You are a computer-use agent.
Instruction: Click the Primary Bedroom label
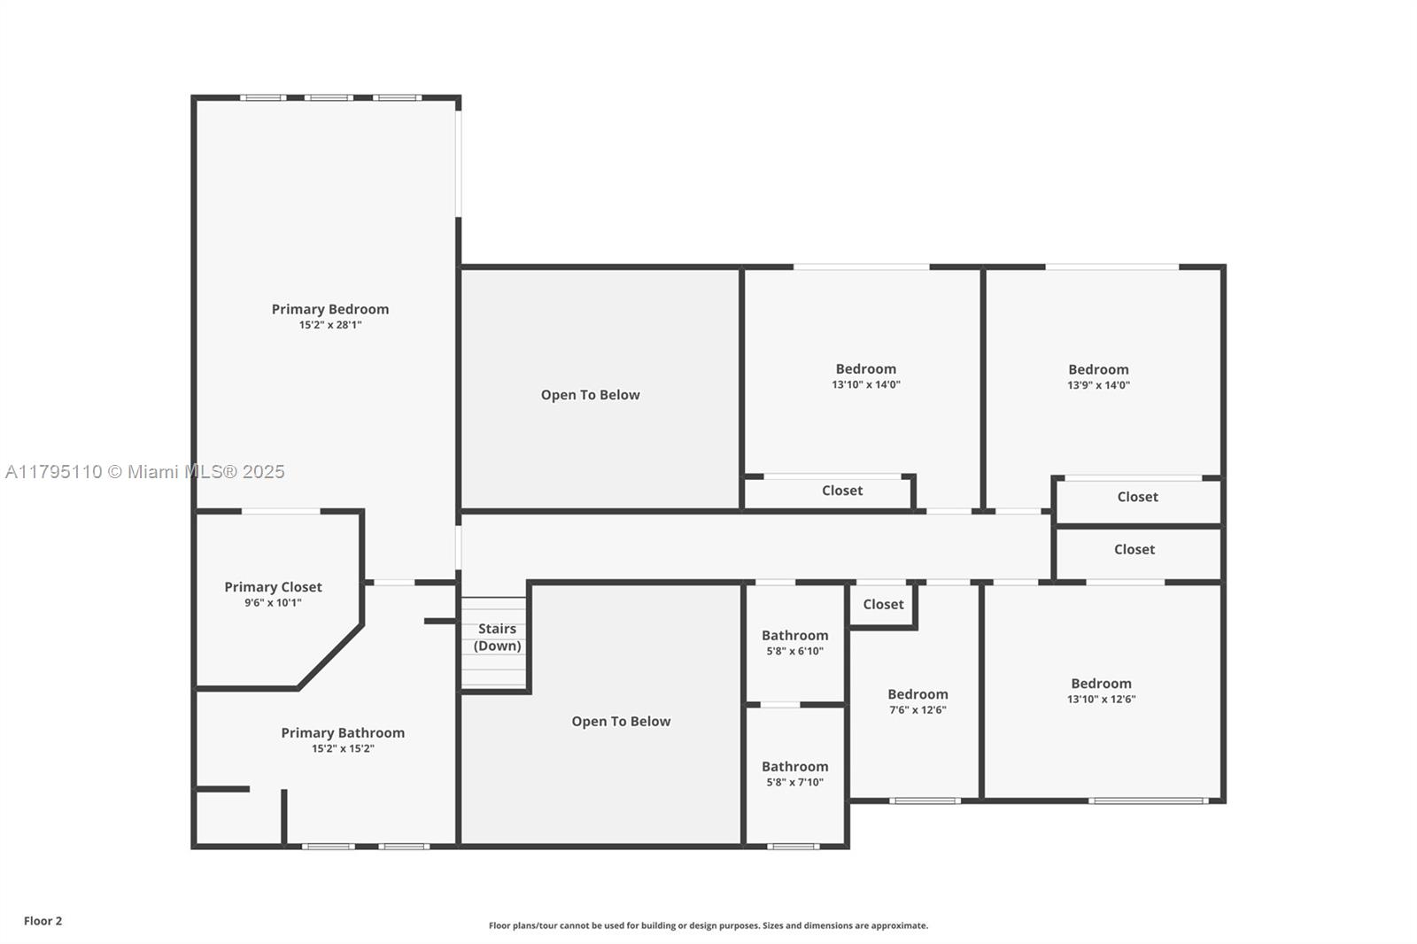point(330,309)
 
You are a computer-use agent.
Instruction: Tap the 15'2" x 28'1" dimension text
point(330,325)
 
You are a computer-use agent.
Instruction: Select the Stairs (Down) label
point(497,637)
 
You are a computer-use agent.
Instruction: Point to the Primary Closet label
point(274,587)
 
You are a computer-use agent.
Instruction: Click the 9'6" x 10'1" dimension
point(274,603)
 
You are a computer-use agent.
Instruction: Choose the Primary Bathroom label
point(343,732)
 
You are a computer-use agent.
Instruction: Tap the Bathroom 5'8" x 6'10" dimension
point(795,651)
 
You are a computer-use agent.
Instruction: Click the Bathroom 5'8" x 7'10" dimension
point(795,782)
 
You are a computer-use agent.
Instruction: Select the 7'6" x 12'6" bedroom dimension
point(918,710)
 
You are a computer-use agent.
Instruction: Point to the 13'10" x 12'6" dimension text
point(1102,699)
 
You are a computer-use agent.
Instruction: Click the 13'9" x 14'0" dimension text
point(1099,385)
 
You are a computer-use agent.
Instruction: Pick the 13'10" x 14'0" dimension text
point(866,384)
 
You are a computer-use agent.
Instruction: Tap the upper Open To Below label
point(590,395)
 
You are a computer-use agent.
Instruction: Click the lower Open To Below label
point(621,722)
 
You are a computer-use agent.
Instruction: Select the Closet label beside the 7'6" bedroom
point(884,604)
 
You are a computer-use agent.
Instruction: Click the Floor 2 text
point(43,921)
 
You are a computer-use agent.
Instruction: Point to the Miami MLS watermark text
point(145,472)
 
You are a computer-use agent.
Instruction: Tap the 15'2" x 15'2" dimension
point(343,748)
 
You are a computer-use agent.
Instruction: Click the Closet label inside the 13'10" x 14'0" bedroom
point(842,491)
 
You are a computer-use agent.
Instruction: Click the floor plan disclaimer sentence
point(708,925)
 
